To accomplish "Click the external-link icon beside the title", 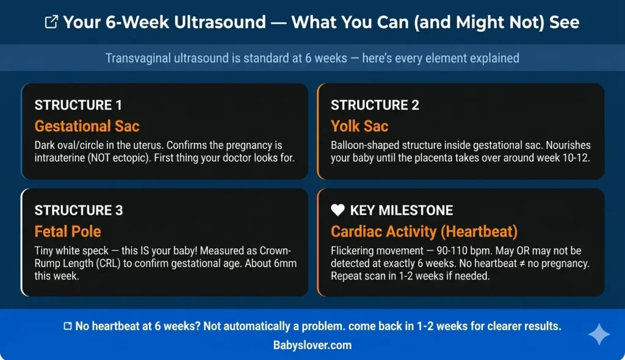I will pyautogui.click(x=52, y=23).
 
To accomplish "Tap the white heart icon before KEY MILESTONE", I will pyautogui.click(x=338, y=211).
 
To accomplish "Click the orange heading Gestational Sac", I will pyautogui.click(x=87, y=126).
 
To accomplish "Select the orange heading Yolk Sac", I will pyautogui.click(x=359, y=126).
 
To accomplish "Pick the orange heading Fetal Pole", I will pyautogui.click(x=68, y=231).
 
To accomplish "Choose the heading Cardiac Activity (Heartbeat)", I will pyautogui.click(x=424, y=231).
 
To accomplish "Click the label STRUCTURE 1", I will pyautogui.click(x=79, y=105).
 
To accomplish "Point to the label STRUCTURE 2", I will pyautogui.click(x=375, y=105).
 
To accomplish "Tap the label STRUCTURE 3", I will pyautogui.click(x=79, y=211).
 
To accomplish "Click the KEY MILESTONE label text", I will pyautogui.click(x=401, y=211).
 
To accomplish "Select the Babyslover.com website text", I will pyautogui.click(x=312, y=345).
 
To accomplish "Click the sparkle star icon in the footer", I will pyautogui.click(x=599, y=334).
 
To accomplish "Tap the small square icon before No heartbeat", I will pyautogui.click(x=68, y=326).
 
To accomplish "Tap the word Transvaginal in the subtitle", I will pyautogui.click(x=140, y=59).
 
